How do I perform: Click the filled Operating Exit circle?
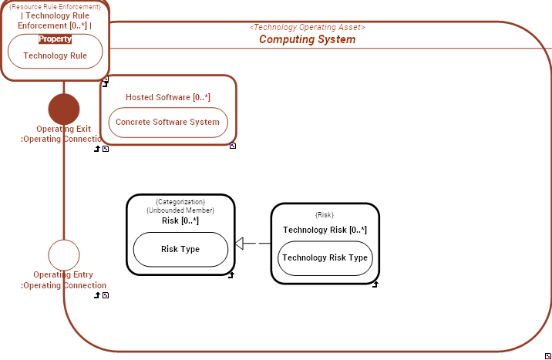click(64, 109)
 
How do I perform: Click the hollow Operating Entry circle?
click(64, 255)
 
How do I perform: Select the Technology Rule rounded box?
click(55, 56)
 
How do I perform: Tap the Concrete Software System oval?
click(167, 122)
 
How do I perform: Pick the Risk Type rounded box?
click(180, 249)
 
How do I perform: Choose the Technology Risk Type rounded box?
click(325, 257)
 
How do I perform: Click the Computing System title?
click(307, 39)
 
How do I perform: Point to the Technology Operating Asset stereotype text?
click(307, 27)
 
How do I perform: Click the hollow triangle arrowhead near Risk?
click(239, 244)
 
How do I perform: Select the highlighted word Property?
click(55, 39)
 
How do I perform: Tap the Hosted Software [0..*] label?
click(168, 97)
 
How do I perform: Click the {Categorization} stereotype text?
click(180, 201)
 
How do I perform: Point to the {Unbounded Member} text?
click(180, 210)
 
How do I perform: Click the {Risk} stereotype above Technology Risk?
click(325, 215)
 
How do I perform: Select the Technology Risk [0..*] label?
click(325, 230)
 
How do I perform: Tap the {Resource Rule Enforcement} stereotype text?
click(55, 7)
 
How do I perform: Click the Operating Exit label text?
click(63, 129)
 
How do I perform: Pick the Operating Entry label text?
click(63, 275)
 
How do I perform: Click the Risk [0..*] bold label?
click(180, 220)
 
